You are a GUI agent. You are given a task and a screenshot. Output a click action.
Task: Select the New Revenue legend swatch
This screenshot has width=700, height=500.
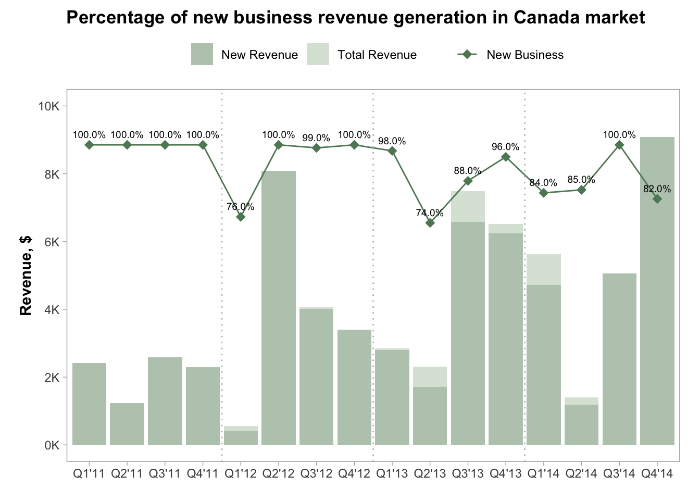pyautogui.click(x=202, y=55)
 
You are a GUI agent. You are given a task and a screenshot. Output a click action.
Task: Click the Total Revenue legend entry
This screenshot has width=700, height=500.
pyautogui.click(x=377, y=55)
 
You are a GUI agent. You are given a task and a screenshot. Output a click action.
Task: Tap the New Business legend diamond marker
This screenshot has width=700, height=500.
pyautogui.click(x=467, y=55)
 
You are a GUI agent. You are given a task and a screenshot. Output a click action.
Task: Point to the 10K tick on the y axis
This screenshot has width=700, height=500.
pyautogui.click(x=50, y=106)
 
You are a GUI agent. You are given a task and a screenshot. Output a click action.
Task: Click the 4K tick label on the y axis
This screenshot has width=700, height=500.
pyautogui.click(x=52, y=309)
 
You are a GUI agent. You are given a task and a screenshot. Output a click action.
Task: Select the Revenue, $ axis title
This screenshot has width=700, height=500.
pyautogui.click(x=26, y=276)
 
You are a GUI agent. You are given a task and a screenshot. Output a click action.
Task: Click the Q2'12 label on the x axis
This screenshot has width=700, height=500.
pyautogui.click(x=278, y=473)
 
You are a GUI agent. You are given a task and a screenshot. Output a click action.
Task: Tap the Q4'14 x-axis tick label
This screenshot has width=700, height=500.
pyautogui.click(x=657, y=473)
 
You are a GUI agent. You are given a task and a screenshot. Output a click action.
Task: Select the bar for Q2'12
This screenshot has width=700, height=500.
pyautogui.click(x=278, y=307)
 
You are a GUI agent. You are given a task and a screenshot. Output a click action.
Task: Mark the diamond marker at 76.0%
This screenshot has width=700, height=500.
pyautogui.click(x=241, y=217)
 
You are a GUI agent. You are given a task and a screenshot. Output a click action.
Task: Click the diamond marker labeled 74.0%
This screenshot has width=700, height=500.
pyautogui.click(x=430, y=223)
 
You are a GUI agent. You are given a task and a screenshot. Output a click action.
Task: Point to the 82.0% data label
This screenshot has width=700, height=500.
pyautogui.click(x=657, y=189)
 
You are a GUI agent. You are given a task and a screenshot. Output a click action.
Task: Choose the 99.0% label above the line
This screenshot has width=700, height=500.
pyautogui.click(x=316, y=138)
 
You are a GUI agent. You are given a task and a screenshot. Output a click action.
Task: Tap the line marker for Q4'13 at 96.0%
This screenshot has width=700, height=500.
pyautogui.click(x=506, y=157)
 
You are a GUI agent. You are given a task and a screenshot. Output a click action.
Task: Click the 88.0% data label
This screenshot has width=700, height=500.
pyautogui.click(x=468, y=170)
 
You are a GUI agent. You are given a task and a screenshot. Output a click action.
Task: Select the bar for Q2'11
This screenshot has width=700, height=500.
pyautogui.click(x=127, y=424)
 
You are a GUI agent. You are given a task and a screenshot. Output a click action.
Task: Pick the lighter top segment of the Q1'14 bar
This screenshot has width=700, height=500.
pyautogui.click(x=544, y=269)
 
